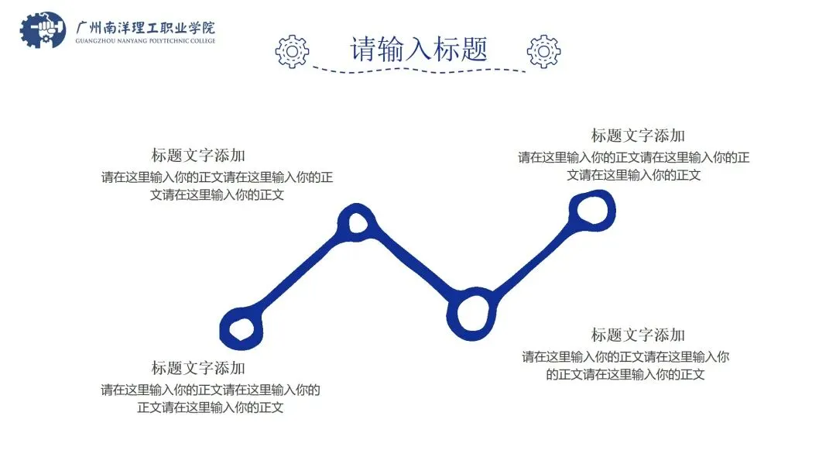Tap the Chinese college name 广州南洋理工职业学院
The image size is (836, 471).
146,24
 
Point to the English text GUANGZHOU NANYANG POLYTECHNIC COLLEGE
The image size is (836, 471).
146,41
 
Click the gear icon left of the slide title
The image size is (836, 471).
292,50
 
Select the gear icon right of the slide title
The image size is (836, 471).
543,50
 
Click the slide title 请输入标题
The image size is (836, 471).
419,49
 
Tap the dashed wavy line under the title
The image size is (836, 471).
419,70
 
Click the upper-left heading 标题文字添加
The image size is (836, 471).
198,155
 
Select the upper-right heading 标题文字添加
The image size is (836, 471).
638,136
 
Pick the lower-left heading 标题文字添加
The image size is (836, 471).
198,367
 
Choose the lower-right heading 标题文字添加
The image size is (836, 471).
638,335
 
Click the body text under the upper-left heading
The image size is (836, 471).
217,186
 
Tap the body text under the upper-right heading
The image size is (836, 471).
633,166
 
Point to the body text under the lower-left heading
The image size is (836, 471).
211,398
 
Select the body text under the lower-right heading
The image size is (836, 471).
625,366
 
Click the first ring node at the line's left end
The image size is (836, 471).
242,327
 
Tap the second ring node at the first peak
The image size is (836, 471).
357,222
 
